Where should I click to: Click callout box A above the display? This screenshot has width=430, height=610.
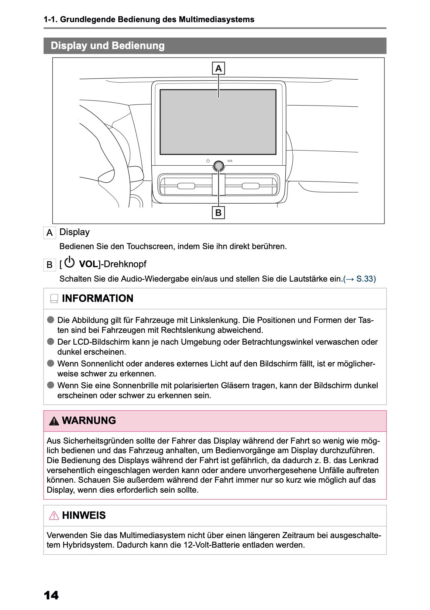(219, 68)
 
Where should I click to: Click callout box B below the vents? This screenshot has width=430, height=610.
(219, 213)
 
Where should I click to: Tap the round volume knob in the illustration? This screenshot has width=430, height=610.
(219, 166)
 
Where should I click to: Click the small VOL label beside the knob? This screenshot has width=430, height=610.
(230, 161)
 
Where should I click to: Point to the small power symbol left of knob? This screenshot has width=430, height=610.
(208, 161)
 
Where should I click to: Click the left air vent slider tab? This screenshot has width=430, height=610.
(186, 186)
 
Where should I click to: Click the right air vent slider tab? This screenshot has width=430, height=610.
(251, 186)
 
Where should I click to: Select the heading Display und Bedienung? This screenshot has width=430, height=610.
(108, 46)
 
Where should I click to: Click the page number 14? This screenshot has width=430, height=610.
(51, 595)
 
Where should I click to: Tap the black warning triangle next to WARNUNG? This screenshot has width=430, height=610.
(54, 421)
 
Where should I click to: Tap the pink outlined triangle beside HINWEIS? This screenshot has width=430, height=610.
(54, 516)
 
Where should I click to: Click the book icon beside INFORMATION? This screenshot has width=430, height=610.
(54, 299)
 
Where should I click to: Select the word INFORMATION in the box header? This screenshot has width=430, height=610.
(97, 298)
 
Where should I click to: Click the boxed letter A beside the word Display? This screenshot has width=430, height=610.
(49, 233)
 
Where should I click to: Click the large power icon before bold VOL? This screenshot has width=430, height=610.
(69, 262)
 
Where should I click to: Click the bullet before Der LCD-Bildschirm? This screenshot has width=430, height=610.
(51, 341)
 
